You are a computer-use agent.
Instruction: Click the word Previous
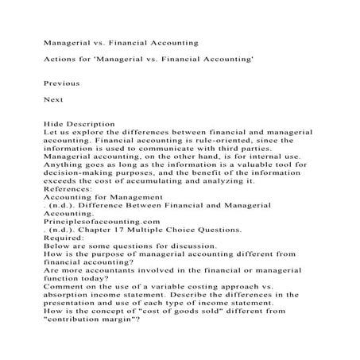pos(62,82)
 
